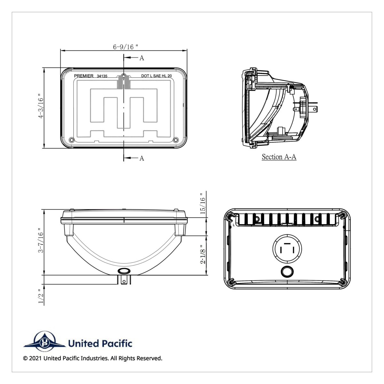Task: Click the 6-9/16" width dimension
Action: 125,47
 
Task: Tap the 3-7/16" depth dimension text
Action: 41,240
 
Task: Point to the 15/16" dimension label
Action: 203,204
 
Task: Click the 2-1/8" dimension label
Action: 203,254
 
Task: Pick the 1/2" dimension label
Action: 41,296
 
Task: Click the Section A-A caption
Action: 279,157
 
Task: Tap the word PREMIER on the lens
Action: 84,76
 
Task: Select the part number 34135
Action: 102,76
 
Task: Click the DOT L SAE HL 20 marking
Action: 156,76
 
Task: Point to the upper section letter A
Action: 142,58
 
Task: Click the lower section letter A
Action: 142,158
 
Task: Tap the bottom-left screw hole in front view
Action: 71,140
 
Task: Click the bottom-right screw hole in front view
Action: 175,140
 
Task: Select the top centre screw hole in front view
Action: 124,76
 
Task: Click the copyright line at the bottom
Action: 93,358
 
